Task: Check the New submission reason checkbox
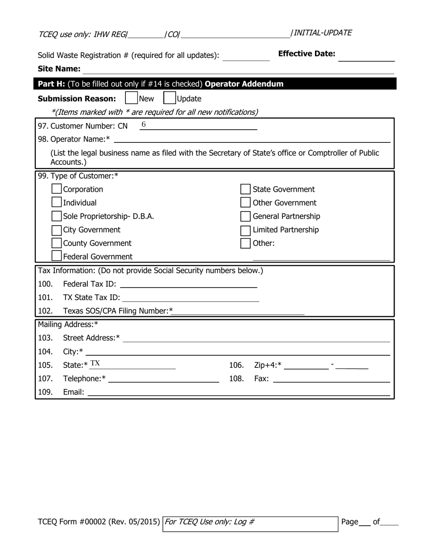[x=131, y=98]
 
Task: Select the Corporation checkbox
[x=57, y=189]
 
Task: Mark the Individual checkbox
[x=57, y=203]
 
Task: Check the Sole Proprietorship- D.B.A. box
[x=57, y=216]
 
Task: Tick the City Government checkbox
[x=57, y=230]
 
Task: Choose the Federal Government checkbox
[x=57, y=256]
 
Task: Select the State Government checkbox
[x=245, y=189]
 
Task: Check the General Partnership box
[x=245, y=216]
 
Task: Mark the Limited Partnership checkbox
[x=245, y=230]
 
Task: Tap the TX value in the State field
[x=95, y=364]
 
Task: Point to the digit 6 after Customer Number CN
[x=144, y=125]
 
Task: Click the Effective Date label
[x=306, y=54]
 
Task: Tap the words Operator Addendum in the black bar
[x=244, y=84]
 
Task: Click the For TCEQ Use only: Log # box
[x=250, y=523]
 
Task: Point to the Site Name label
[x=59, y=69]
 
